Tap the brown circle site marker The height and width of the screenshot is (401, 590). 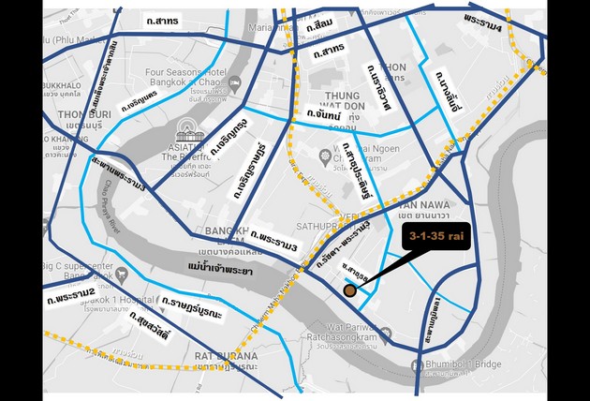coord(349,291)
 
